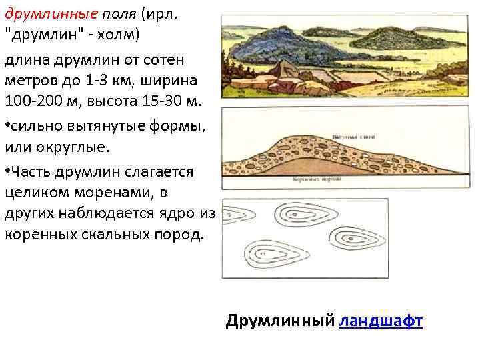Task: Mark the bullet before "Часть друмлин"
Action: click(x=8, y=172)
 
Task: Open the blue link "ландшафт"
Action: click(x=381, y=321)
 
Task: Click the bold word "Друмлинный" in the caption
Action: click(x=280, y=321)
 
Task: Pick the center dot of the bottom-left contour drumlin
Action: click(x=273, y=256)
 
